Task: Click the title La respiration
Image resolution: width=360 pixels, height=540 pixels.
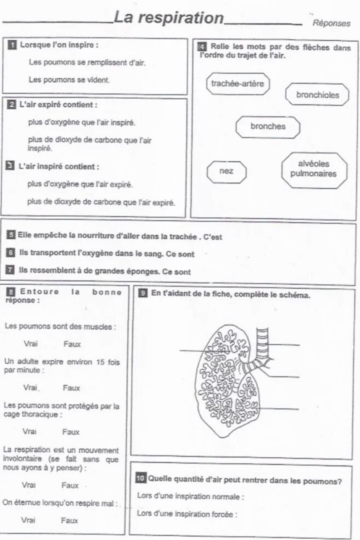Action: (x=169, y=18)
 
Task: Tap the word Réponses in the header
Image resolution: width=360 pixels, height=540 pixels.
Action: (x=331, y=24)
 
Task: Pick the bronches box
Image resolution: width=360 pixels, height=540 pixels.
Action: (x=268, y=126)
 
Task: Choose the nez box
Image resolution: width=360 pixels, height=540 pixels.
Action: (x=227, y=171)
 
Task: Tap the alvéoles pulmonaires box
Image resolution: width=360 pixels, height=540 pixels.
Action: (x=313, y=169)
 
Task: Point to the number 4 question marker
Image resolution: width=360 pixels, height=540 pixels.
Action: (x=201, y=47)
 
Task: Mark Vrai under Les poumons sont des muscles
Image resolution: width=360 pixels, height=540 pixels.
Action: (x=31, y=344)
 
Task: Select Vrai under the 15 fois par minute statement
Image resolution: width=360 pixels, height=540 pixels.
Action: (x=31, y=388)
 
